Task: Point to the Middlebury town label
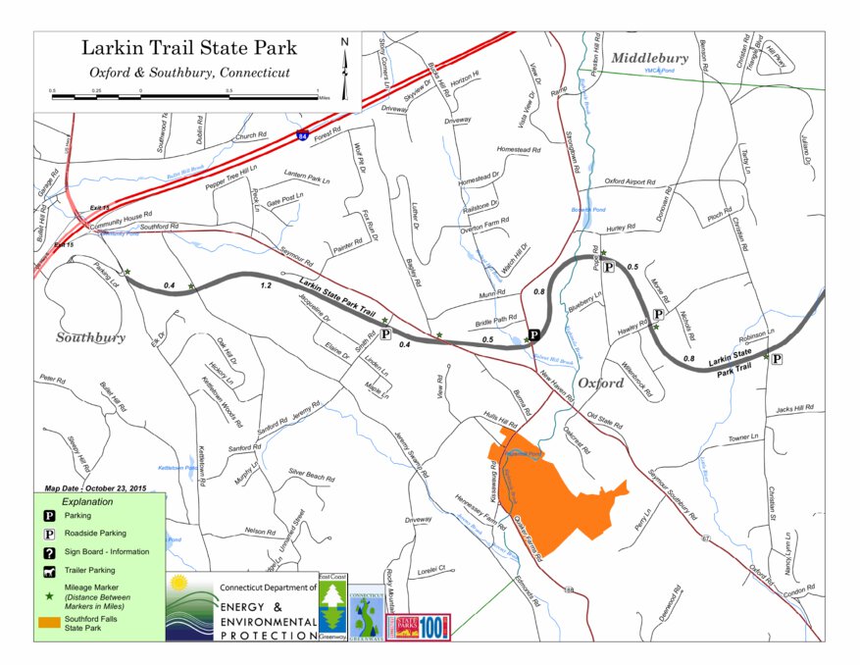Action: click(649, 59)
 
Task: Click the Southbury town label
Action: click(90, 337)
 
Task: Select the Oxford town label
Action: click(600, 383)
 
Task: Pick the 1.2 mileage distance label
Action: click(265, 285)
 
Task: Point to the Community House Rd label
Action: click(120, 215)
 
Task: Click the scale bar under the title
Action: click(184, 96)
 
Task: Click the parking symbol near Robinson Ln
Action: click(778, 360)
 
